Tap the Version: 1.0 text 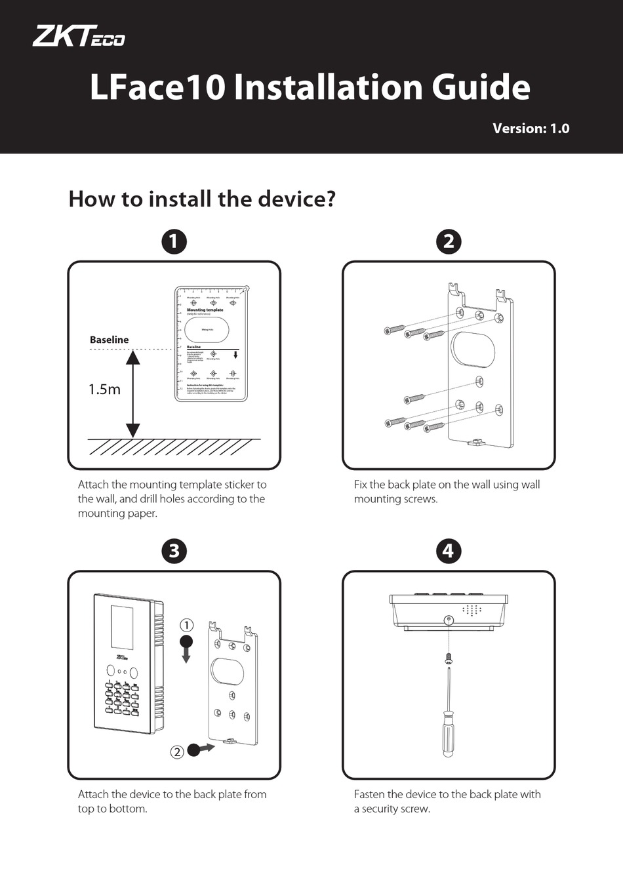531,129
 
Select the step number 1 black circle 174,241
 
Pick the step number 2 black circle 449,241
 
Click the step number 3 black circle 174,550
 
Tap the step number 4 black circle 449,550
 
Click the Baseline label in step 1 109,340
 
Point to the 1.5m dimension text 104,390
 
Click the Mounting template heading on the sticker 205,310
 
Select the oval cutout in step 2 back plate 475,349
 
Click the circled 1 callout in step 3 186,624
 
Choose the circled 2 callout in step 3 177,752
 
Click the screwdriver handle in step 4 448,731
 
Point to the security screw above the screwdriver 448,657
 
